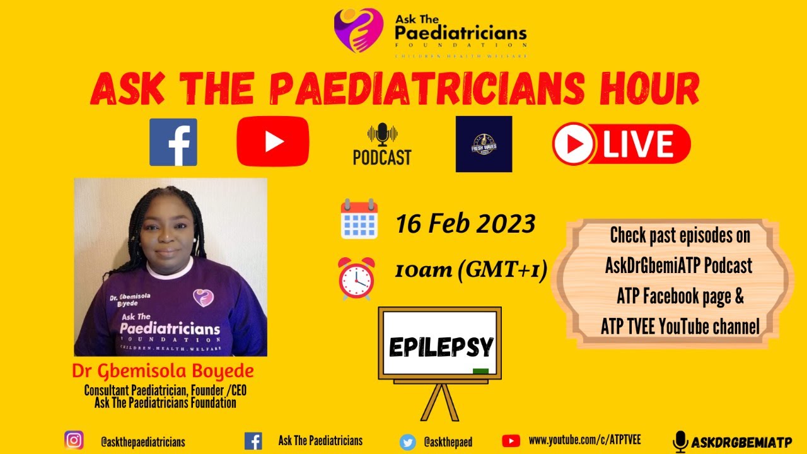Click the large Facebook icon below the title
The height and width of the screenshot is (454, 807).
tap(173, 143)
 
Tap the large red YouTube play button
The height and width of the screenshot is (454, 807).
tap(273, 141)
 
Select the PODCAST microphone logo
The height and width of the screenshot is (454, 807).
tap(382, 144)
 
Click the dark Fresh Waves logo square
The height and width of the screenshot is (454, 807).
tap(484, 144)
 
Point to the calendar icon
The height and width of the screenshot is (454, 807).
tap(359, 219)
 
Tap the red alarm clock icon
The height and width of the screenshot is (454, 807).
tap(356, 278)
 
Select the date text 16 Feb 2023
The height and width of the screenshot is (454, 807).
tap(465, 224)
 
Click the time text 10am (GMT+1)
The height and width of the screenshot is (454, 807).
tap(470, 271)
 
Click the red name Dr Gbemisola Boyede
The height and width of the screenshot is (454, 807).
tap(163, 370)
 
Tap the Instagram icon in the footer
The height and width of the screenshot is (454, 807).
tap(74, 440)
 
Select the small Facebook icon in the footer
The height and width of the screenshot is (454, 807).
tap(253, 441)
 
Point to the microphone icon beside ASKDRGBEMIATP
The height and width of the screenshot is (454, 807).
tap(680, 441)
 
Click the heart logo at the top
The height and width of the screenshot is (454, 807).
tap(358, 30)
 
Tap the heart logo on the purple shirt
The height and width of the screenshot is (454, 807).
tap(203, 297)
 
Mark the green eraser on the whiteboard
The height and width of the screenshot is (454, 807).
tap(480, 371)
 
